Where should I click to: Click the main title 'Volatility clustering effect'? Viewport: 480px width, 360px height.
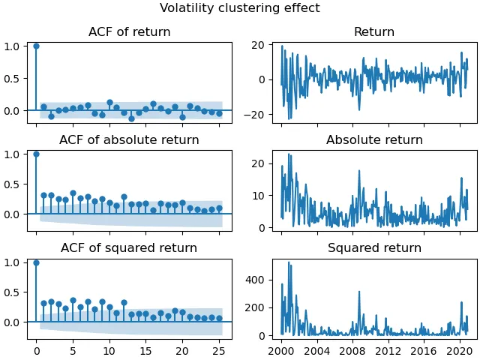240,8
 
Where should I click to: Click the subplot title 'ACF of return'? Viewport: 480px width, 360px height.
129,32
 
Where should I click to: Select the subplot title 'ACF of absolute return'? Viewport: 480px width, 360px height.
129,140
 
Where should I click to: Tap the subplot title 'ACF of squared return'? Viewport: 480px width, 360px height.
129,248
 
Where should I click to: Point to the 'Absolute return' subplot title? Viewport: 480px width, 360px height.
374,140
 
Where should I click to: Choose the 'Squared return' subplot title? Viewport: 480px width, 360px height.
374,248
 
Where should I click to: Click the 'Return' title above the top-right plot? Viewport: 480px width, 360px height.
374,32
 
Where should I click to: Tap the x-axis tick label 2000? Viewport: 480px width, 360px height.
281,350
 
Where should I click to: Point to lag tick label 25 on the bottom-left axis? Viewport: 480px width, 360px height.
219,350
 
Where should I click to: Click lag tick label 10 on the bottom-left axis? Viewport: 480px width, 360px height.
109,350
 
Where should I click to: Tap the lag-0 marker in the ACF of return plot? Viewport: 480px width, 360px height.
36,46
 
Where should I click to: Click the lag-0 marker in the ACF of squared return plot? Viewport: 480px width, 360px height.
36,262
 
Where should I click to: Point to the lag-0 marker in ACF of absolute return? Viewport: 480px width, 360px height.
36,154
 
